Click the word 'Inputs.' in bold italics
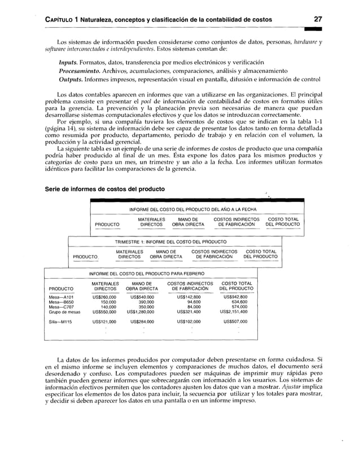pyautogui.click(x=71, y=62)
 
